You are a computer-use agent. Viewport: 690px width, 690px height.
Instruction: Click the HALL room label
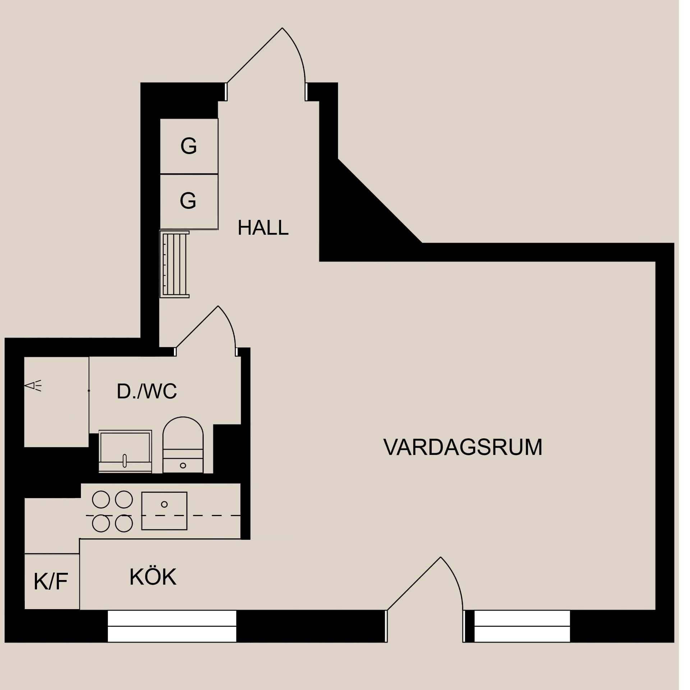(x=263, y=228)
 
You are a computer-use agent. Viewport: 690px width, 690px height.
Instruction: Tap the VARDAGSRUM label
(x=463, y=447)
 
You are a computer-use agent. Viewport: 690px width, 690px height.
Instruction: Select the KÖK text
(x=153, y=578)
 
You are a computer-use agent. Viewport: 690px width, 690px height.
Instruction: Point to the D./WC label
(x=147, y=391)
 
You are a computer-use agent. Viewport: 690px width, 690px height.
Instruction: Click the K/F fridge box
(x=52, y=582)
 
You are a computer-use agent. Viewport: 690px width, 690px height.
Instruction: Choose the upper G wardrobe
(x=189, y=146)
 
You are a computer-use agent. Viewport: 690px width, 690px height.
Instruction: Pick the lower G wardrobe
(x=189, y=201)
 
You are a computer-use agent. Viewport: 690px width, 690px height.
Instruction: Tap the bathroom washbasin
(x=125, y=451)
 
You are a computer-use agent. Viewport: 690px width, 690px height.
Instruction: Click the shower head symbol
(x=33, y=386)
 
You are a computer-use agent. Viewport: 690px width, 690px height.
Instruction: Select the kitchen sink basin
(x=164, y=511)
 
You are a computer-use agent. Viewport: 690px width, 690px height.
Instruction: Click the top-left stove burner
(x=101, y=500)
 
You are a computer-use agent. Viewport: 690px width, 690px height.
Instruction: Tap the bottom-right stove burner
(x=124, y=523)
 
